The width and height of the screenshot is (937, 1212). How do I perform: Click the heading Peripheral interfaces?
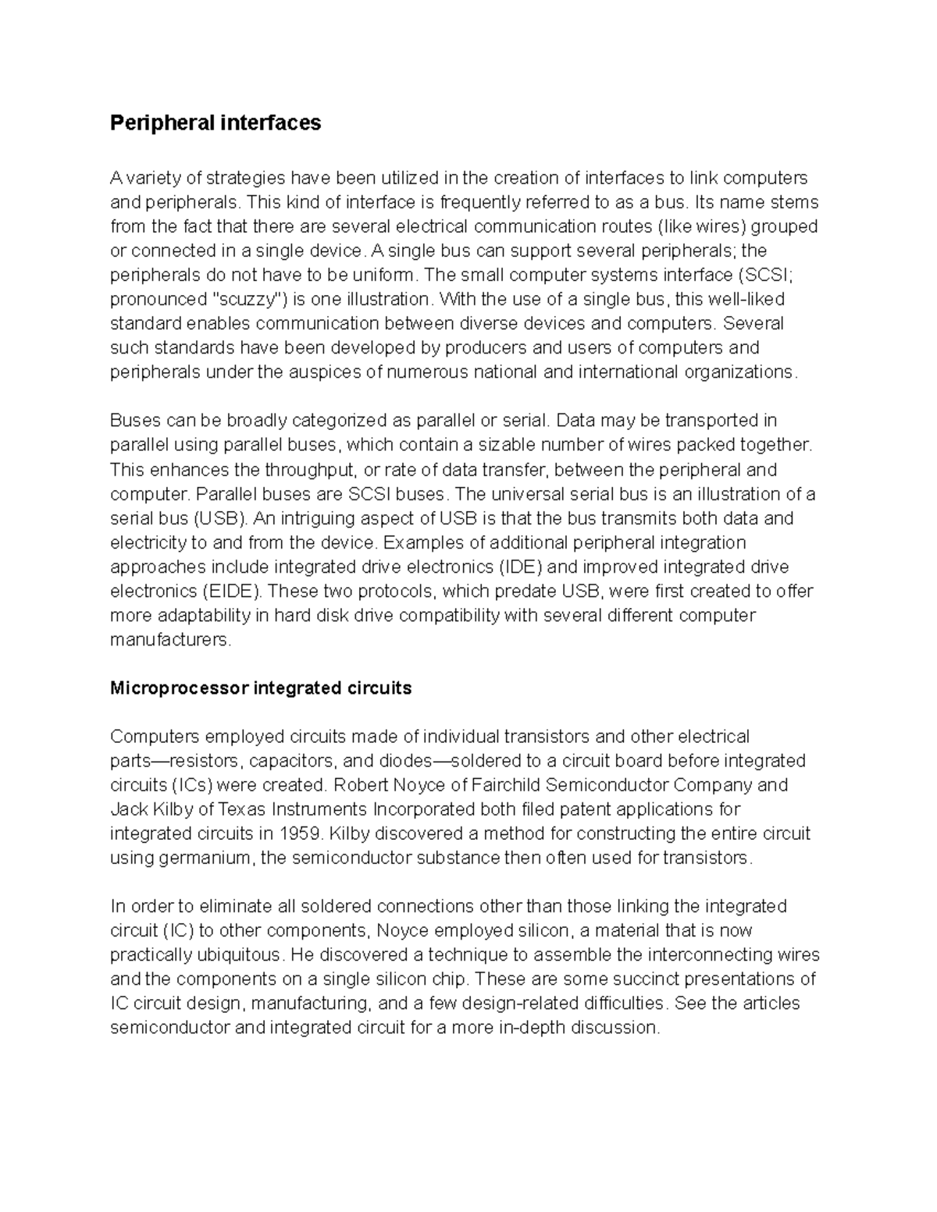[216, 123]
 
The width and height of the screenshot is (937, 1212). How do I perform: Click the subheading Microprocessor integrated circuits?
[261, 688]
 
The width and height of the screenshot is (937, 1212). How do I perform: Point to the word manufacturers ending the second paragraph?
[170, 640]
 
